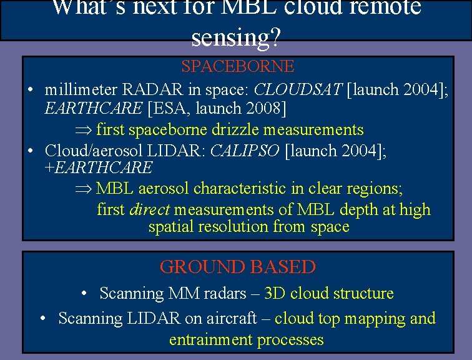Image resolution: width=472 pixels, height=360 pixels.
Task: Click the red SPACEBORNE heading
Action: pyautogui.click(x=237, y=66)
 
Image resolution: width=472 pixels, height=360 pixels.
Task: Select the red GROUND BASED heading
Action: pyautogui.click(x=237, y=267)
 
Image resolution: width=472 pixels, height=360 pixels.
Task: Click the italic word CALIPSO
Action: pyautogui.click(x=244, y=151)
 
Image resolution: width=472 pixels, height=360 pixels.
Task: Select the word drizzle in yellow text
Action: pyautogui.click(x=230, y=130)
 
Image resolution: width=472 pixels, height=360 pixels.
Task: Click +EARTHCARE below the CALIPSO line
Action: pyautogui.click(x=99, y=167)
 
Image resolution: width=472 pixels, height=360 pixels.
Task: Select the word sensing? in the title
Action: pyautogui.click(x=237, y=37)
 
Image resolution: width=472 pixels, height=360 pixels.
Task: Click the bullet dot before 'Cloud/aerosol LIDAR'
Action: pyautogui.click(x=31, y=151)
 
